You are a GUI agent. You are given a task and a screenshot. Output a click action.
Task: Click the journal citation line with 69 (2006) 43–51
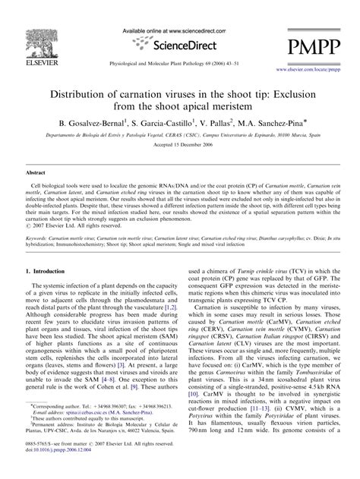coord(180,62)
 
